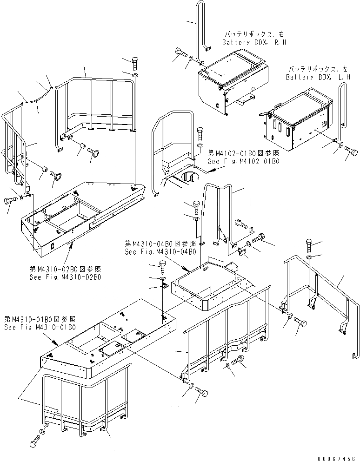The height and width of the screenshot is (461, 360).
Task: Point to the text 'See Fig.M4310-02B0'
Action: tap(66, 277)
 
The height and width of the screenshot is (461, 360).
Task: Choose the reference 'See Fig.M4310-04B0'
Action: tap(160, 252)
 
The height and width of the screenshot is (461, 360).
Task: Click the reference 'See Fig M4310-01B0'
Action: tap(40, 327)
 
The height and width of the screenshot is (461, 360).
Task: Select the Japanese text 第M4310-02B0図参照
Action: tap(67, 270)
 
